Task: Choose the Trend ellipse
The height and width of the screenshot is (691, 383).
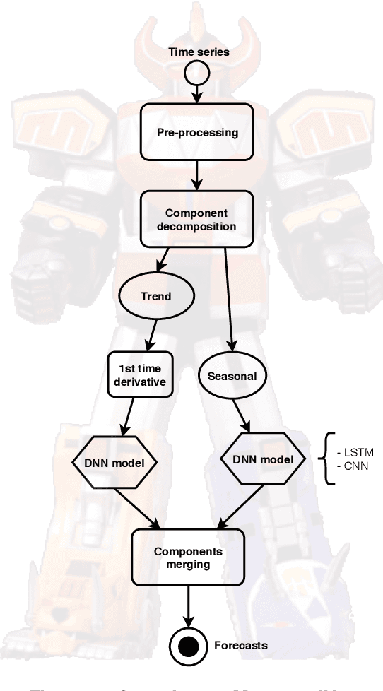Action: point(155,296)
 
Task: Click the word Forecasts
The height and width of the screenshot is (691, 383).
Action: point(240,645)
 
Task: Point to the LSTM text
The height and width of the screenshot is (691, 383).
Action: point(355,451)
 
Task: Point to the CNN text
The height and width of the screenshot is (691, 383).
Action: point(353,466)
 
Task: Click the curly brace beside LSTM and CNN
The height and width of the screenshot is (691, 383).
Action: point(327,459)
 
